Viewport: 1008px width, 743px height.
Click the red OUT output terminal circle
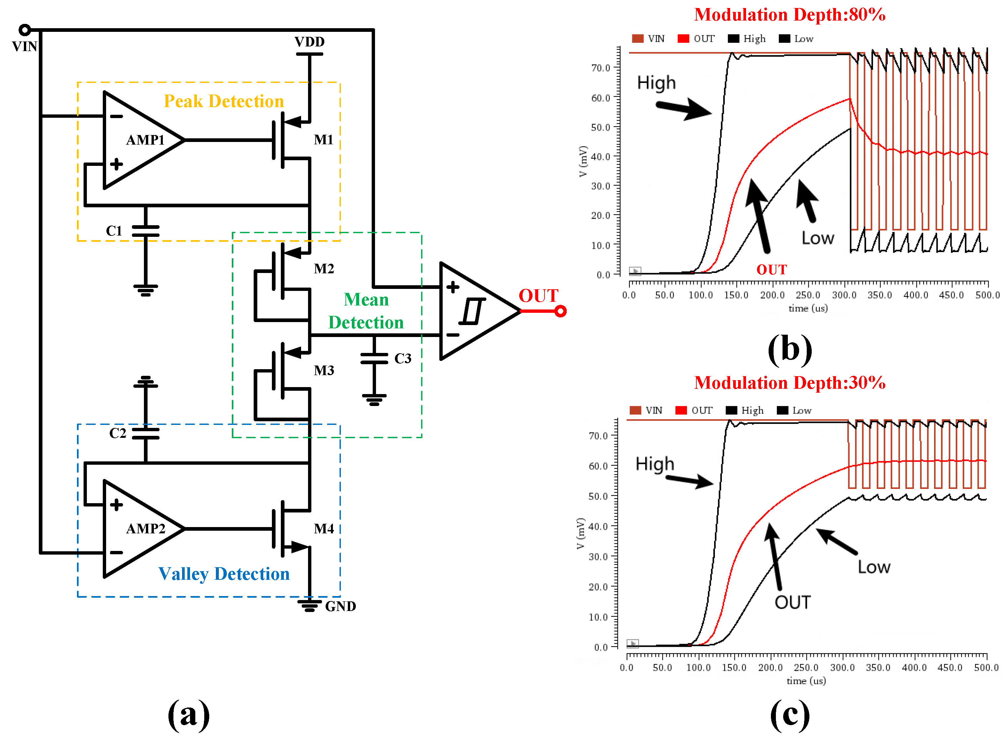[x=560, y=311]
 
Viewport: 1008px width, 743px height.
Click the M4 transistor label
[x=324, y=528]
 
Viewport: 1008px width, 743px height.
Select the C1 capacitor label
[x=114, y=231]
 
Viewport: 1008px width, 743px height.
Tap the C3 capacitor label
[x=403, y=359]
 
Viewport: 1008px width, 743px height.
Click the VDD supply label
[x=309, y=42]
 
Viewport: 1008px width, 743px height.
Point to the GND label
[x=340, y=606]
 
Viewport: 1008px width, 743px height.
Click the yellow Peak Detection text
[x=224, y=101]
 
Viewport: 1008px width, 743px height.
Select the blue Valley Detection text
[x=224, y=574]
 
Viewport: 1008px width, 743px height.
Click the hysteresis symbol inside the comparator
[x=472, y=311]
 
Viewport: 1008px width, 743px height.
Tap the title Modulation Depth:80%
[x=790, y=15]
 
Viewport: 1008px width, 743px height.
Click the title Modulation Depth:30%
[x=790, y=383]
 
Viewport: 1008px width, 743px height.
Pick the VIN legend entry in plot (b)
[x=648, y=39]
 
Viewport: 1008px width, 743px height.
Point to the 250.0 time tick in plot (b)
[x=808, y=295]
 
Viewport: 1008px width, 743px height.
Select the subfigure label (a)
[x=188, y=715]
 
